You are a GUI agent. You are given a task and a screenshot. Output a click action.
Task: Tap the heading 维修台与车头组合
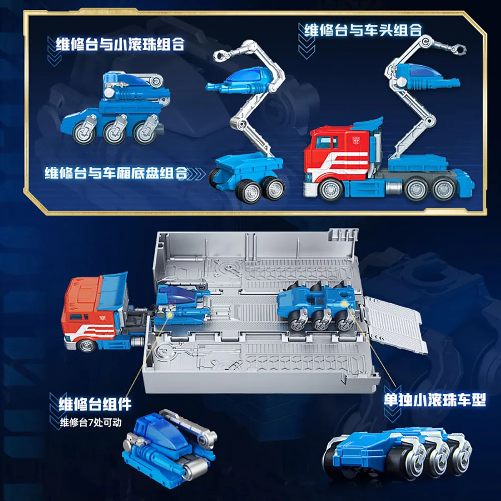click(363, 30)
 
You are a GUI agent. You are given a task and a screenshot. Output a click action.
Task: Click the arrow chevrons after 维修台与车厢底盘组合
click(197, 174)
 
